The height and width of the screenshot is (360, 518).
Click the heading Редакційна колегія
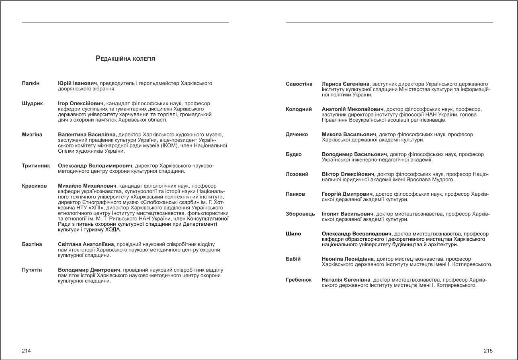pos(125,59)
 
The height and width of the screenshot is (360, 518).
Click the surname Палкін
pos(31,83)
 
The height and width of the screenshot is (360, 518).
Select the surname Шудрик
pos(32,103)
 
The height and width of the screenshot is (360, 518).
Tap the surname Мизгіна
pos(32,134)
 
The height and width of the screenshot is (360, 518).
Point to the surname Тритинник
pos(36,165)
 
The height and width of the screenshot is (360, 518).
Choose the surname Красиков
pos(34,186)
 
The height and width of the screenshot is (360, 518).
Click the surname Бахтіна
pos(32,244)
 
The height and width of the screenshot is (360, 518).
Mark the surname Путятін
pos(32,270)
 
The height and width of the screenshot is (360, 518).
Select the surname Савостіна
pos(299,84)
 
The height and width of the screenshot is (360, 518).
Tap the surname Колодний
pos(299,109)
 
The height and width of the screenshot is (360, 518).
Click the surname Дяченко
pos(297,134)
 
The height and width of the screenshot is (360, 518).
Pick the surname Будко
pos(294,154)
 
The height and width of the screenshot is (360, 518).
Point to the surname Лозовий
pos(297,174)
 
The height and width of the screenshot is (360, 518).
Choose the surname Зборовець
pos(300,214)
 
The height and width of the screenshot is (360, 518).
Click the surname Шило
pos(293,234)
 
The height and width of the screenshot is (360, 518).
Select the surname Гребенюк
pos(299,280)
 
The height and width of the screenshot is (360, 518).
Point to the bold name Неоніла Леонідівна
pos(348,259)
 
